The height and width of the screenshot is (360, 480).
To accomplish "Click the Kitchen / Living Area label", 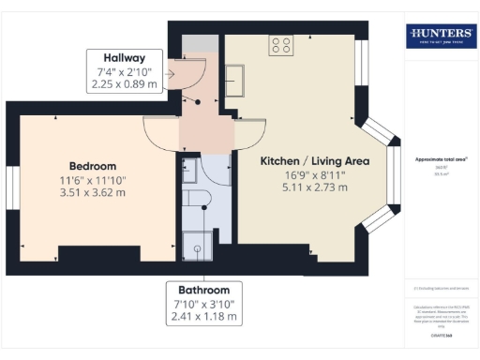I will (x=314, y=161).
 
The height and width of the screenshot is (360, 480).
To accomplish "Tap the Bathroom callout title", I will (x=203, y=289).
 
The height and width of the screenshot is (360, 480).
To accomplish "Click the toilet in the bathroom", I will (x=194, y=201).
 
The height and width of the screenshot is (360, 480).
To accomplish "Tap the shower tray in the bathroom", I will (x=195, y=243).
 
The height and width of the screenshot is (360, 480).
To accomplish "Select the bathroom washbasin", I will (x=187, y=172).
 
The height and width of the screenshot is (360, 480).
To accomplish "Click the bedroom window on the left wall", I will (x=12, y=187).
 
